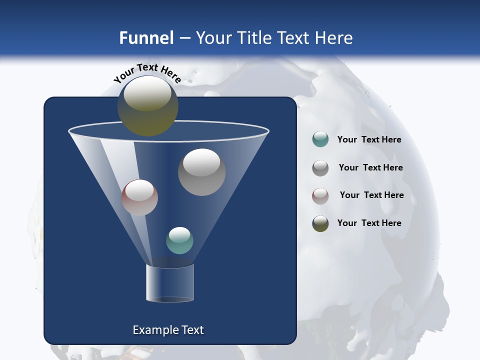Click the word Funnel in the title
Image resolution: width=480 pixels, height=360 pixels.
coord(146,38)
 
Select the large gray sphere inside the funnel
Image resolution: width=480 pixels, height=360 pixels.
coord(201,172)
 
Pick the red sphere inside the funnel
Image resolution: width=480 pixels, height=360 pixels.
coord(139,197)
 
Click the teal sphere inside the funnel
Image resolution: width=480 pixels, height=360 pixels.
coord(179,240)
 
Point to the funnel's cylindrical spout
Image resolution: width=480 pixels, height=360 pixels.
coord(169,283)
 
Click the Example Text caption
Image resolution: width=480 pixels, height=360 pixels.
coord(168,330)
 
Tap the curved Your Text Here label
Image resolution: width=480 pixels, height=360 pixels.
coord(147,72)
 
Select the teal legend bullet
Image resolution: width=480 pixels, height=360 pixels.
coord(320,139)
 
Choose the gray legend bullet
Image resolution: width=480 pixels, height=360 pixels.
coord(320,167)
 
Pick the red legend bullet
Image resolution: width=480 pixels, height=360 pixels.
coord(320,195)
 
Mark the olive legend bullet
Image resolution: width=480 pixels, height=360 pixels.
coord(320,223)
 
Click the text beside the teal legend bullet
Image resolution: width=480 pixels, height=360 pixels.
coord(369,140)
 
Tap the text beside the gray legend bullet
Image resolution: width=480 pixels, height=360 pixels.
coord(370,167)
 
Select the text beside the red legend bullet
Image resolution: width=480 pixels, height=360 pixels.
coord(371,195)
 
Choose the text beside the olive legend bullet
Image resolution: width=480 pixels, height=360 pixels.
coord(369,223)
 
